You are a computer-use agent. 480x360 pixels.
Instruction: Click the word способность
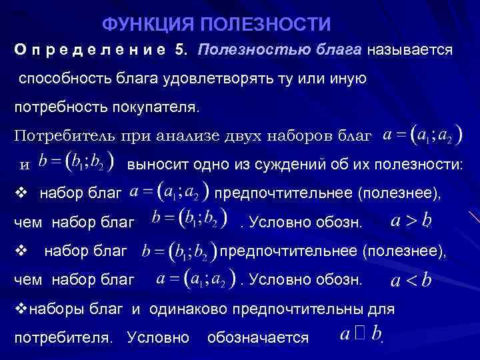click(x=62, y=79)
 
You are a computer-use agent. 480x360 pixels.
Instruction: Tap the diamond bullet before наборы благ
click(x=19, y=309)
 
